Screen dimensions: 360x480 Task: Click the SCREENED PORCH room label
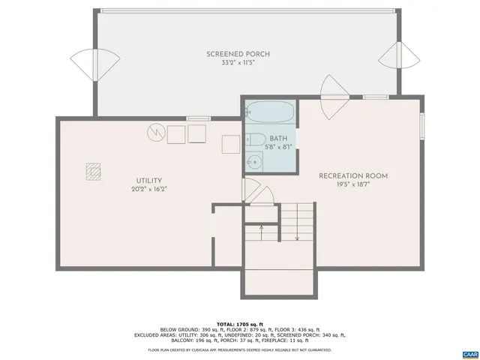point(238,54)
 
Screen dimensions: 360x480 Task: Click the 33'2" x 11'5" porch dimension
point(238,63)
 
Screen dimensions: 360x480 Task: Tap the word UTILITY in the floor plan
point(148,180)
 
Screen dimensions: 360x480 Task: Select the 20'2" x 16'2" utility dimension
point(148,189)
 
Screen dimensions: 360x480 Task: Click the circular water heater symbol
point(155,132)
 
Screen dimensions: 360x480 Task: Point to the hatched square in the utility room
point(93,172)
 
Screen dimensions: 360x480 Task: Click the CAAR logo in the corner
point(470,352)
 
